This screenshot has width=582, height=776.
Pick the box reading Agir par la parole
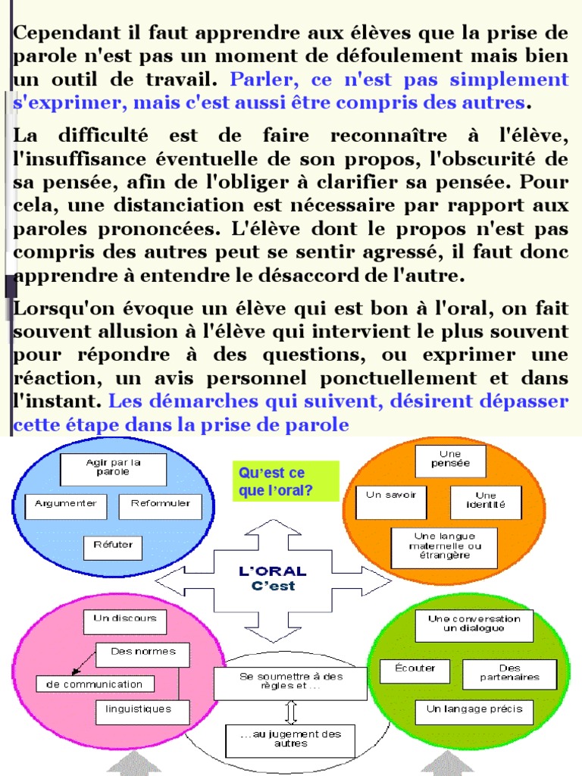pos(113,469)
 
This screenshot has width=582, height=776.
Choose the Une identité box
pos(485,502)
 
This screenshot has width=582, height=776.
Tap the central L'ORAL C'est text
pos(272,577)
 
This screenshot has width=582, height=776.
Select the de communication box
pos(95,684)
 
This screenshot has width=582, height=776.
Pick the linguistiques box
pos(139,712)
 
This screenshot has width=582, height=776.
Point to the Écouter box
pos(413,671)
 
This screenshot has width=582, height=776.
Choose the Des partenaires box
pos(509,674)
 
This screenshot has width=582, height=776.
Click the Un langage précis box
pos(474,712)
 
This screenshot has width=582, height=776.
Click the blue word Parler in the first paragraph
pos(255,80)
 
